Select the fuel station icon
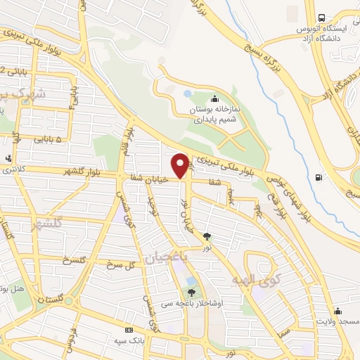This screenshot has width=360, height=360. [x=321, y=177]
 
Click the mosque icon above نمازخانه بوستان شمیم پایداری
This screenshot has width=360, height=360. [x=214, y=98]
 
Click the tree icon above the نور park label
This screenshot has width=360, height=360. [x=207, y=236]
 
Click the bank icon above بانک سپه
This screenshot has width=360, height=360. [x=129, y=329]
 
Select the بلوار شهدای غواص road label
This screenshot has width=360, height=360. [x=290, y=186]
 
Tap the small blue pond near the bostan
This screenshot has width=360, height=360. [x=187, y=93]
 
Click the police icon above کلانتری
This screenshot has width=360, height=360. [x=8, y=158]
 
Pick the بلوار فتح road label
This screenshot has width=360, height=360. [x=270, y=205]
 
